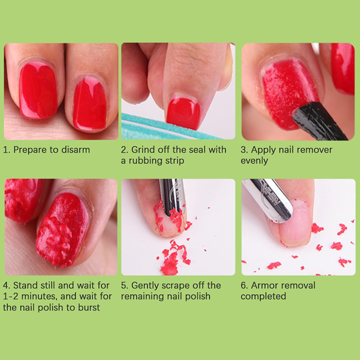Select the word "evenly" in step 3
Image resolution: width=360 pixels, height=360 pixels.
coord(254,161)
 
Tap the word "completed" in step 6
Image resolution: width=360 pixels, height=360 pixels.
coord(263,297)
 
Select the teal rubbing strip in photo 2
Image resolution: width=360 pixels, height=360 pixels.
coord(161,128)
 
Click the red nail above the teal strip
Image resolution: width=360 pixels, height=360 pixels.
coord(184,113)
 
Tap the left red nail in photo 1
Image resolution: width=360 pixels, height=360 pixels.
coord(38,91)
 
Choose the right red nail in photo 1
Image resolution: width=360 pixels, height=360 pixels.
coord(90,103)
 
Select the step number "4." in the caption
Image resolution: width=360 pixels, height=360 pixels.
coord(6,286)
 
